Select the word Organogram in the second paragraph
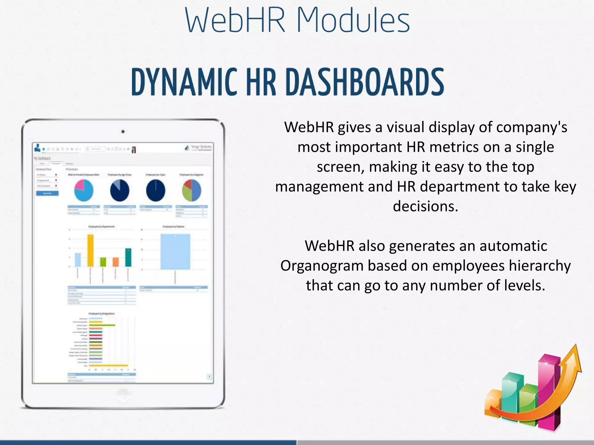(x=322, y=266)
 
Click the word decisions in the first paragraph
(x=425, y=206)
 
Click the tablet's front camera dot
(x=123, y=132)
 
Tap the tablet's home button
(x=123, y=395)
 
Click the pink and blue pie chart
(x=84, y=190)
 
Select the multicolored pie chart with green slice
(x=191, y=190)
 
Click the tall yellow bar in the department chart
(x=90, y=250)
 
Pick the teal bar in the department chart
(x=128, y=257)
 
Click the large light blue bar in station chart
(x=175, y=251)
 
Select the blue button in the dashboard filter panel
(x=47, y=193)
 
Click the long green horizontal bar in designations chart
(x=102, y=325)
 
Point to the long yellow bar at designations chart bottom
(x=108, y=366)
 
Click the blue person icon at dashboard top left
(x=37, y=148)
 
